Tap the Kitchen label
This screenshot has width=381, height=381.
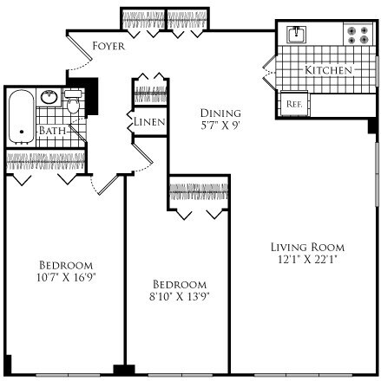328,68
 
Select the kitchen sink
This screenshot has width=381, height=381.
296,35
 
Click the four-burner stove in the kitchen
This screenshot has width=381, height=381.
357,35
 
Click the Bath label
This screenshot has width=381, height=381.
51,132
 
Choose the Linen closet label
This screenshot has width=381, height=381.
148,122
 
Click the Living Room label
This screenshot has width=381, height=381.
306,245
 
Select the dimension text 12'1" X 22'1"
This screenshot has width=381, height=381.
306,258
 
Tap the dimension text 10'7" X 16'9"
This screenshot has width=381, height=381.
65,277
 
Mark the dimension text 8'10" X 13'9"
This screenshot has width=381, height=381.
180,297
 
